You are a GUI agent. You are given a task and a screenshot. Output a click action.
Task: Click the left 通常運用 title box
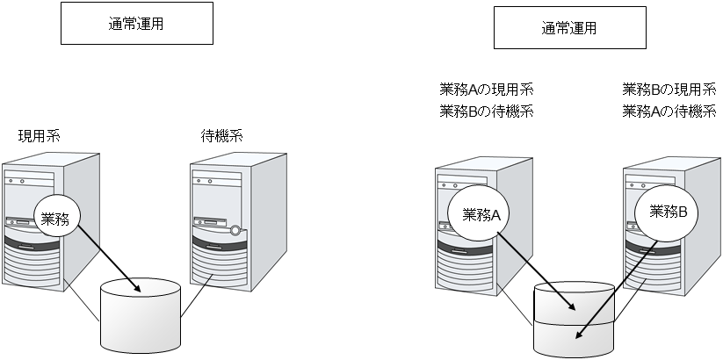[x=136, y=24]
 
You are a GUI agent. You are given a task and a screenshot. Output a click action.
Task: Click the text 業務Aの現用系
[x=486, y=90]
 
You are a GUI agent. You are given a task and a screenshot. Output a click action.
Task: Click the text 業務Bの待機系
[x=486, y=112]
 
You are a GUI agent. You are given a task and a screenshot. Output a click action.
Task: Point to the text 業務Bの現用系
[x=669, y=90]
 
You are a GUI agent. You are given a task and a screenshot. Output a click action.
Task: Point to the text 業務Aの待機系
[x=669, y=112]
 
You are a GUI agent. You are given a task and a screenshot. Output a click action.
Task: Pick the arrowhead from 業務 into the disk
[x=136, y=289]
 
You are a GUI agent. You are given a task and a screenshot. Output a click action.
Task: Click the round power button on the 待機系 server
[x=235, y=232]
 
